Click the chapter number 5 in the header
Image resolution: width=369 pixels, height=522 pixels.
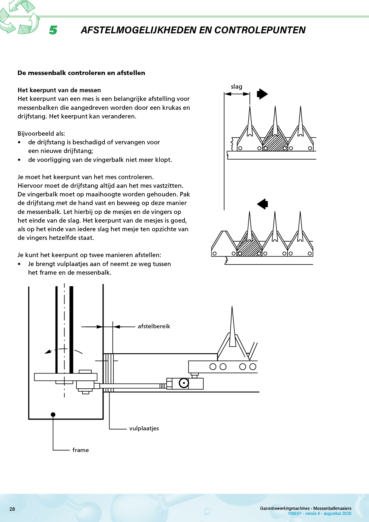tap(53, 30)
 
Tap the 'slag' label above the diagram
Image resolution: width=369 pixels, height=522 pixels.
tap(237, 87)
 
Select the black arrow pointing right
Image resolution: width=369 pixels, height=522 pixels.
tap(262, 94)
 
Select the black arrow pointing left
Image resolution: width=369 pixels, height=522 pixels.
tap(262, 204)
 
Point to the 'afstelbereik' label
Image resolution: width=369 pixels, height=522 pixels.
tap(154, 326)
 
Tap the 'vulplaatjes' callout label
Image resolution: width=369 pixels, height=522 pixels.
tap(144, 429)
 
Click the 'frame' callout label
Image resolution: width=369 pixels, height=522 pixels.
tap(81, 450)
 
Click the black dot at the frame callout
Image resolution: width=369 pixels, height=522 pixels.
tap(53, 415)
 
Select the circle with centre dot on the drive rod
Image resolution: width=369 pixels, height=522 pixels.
tap(184, 383)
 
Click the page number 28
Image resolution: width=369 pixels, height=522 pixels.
tap(12, 509)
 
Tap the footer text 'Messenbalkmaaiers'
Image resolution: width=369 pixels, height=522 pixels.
tap(332, 508)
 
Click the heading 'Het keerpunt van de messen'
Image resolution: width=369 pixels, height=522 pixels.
tap(59, 90)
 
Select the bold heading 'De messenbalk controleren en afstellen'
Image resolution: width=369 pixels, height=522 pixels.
tap(81, 73)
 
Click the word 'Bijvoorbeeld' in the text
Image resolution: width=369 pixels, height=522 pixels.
tap(37, 134)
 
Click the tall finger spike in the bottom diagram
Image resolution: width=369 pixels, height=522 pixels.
tap(232, 327)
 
